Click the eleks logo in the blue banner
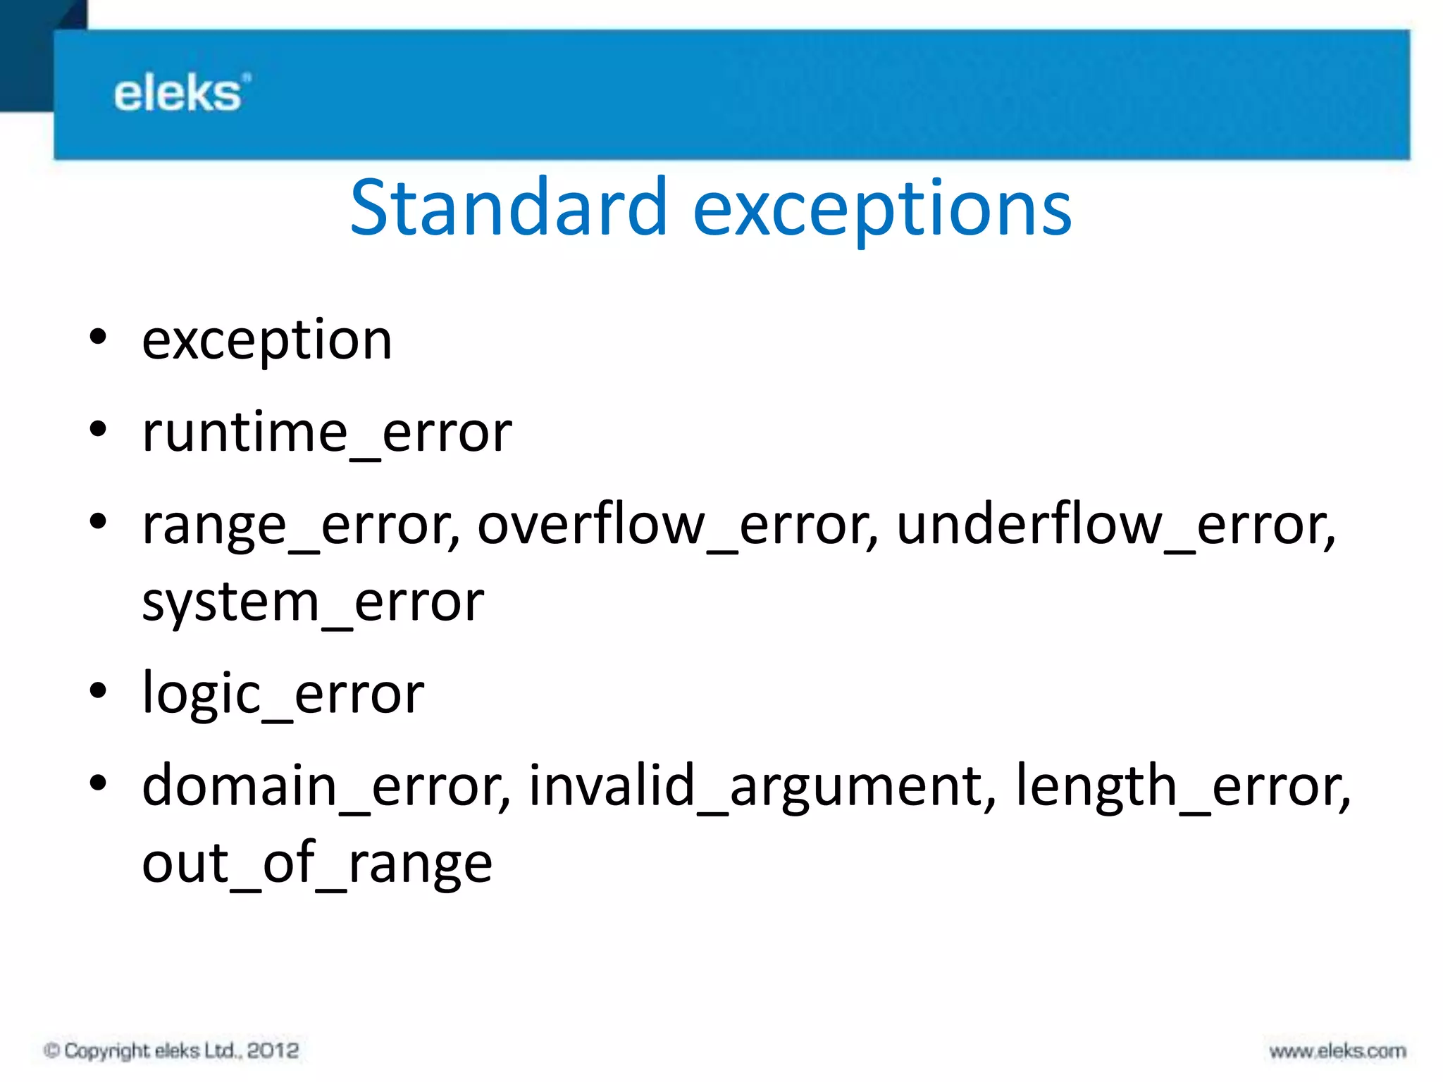(181, 94)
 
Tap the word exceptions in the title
(881, 210)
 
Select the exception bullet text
(266, 341)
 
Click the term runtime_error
(327, 433)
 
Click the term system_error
(313, 603)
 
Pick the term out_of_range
(317, 864)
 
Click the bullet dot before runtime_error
(98, 429)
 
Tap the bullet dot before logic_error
(98, 691)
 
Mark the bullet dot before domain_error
(98, 783)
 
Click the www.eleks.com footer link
(1337, 1052)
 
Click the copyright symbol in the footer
(51, 1051)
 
